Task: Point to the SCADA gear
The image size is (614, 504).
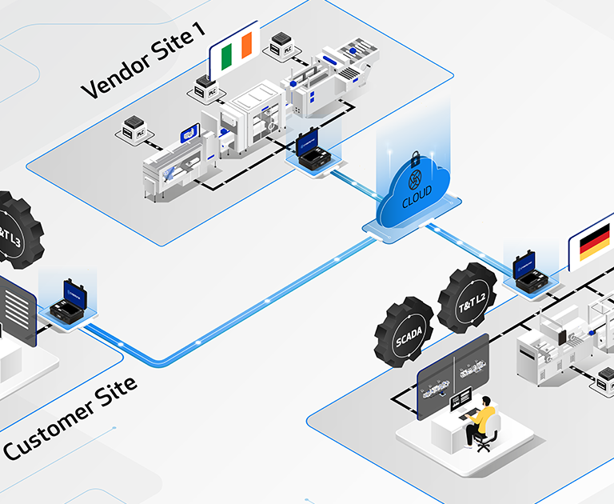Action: point(404,331)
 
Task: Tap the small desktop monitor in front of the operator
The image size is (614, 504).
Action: point(461,397)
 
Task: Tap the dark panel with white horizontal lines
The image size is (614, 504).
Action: point(17,310)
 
